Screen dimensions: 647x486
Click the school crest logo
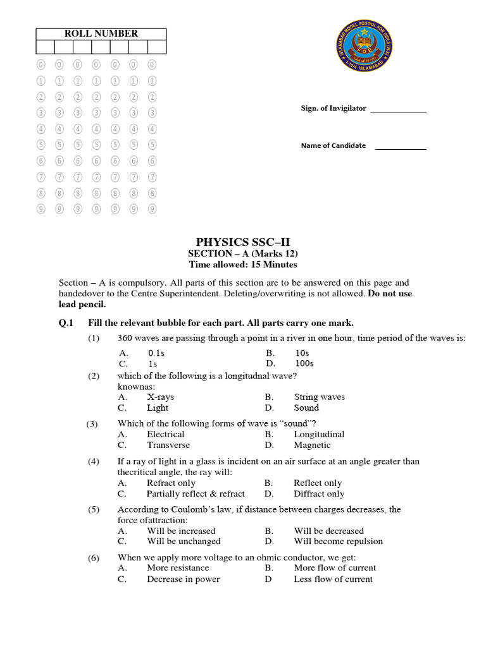363,55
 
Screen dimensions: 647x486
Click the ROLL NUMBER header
101,33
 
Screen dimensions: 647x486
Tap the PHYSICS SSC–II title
243,241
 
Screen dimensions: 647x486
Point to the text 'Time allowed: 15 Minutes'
243,265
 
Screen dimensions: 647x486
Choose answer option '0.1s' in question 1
156,353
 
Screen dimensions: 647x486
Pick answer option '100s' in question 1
304,364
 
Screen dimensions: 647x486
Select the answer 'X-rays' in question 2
160,397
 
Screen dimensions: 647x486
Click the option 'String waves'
319,397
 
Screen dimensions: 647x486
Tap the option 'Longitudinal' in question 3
319,435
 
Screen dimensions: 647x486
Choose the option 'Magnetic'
312,445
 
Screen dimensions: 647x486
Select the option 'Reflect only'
318,483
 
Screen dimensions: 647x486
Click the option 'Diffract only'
319,494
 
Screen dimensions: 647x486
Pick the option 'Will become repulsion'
338,541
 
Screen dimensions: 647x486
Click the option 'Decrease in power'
183,579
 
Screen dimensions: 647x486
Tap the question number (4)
94,462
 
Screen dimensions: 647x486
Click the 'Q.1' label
66,323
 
